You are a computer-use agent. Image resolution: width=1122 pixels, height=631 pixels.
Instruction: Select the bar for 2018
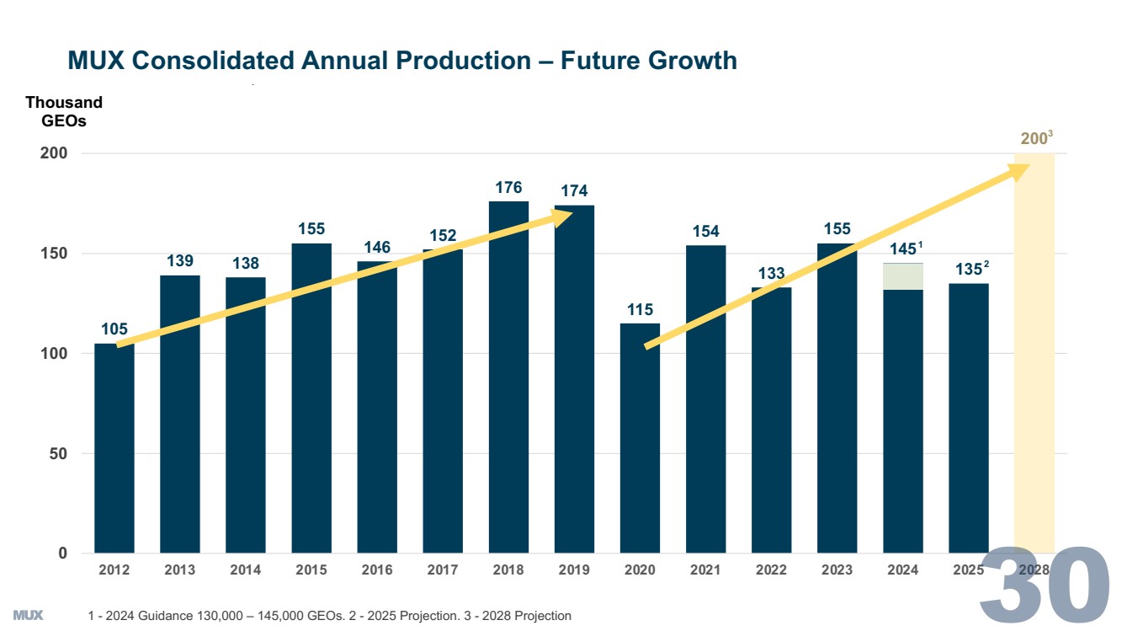508,379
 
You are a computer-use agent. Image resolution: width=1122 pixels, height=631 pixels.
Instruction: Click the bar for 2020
640,438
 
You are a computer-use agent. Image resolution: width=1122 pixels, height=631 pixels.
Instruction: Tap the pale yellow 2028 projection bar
1034,354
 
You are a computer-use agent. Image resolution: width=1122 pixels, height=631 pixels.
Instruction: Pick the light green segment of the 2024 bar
902,276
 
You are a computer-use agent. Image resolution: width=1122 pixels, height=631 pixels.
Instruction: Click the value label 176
508,188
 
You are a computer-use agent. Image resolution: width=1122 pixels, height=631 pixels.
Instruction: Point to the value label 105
114,329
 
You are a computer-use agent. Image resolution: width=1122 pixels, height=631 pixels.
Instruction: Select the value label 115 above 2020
640,310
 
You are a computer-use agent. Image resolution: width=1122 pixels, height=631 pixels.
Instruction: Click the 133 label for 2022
771,273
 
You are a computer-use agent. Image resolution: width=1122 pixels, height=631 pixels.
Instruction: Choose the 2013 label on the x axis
180,570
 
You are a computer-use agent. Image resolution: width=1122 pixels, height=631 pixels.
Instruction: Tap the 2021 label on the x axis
705,570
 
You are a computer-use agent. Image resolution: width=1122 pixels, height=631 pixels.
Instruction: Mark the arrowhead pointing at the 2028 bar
1019,169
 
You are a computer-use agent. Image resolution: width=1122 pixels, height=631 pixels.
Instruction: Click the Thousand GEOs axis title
64,111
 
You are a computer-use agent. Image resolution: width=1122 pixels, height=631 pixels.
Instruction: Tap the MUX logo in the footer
28,615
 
